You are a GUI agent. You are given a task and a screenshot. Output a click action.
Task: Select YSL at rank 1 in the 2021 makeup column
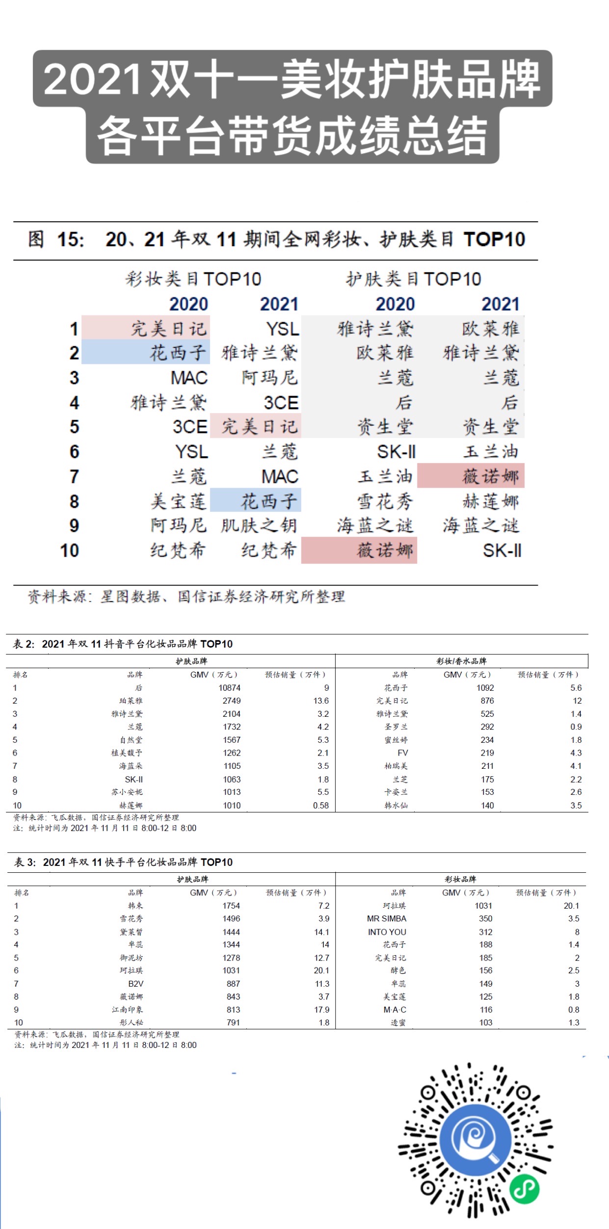pyautogui.click(x=282, y=329)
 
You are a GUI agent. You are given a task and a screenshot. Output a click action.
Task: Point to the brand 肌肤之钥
pyautogui.click(x=259, y=525)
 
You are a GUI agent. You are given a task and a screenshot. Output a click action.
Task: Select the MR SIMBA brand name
pyautogui.click(x=387, y=918)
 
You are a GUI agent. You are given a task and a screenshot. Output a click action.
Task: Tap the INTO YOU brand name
pyautogui.click(x=387, y=932)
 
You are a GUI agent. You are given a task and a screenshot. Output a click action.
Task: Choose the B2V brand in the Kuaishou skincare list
pyautogui.click(x=135, y=984)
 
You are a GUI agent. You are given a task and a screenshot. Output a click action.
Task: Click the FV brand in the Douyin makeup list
pyautogui.click(x=402, y=753)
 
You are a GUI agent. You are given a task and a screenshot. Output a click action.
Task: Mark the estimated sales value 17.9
pyautogui.click(x=321, y=1010)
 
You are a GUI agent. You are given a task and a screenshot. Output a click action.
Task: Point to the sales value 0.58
pyautogui.click(x=321, y=805)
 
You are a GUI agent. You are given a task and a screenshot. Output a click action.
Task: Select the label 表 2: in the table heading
pyautogui.click(x=24, y=644)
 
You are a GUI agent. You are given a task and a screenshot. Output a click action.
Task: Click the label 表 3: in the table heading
pyautogui.click(x=25, y=862)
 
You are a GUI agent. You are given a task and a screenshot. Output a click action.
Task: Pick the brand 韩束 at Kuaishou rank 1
pyautogui.click(x=135, y=906)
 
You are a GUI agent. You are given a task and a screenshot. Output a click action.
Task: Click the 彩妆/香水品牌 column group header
pyautogui.click(x=461, y=661)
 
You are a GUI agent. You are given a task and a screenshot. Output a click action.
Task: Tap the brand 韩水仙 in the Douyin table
pyautogui.click(x=396, y=805)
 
